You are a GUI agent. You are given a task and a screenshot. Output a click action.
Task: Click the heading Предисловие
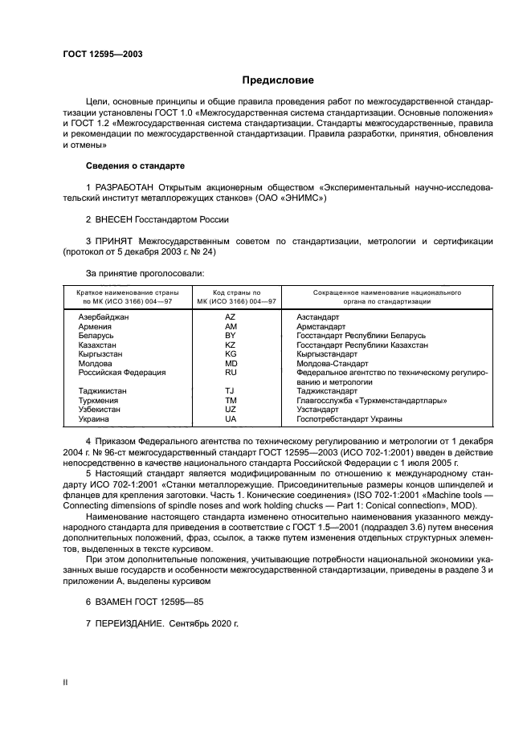click(278, 80)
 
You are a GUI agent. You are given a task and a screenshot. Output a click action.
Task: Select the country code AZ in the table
click(231, 318)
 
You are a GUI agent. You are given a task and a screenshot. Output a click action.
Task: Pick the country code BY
click(231, 336)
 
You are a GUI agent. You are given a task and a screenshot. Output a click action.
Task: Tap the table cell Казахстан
click(98, 345)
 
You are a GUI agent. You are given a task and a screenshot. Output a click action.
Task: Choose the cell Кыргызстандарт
click(327, 353)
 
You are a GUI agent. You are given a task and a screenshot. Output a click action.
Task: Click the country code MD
click(231, 363)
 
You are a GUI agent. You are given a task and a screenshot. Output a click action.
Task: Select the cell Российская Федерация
click(121, 373)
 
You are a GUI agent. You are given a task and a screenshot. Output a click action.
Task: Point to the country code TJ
click(231, 391)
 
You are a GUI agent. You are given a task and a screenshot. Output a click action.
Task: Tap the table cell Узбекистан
click(100, 409)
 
